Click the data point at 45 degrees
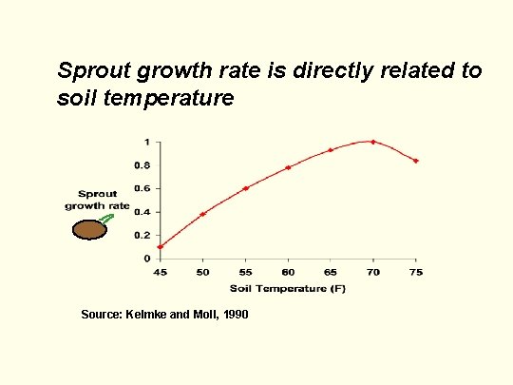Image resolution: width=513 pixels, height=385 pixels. pos(160,247)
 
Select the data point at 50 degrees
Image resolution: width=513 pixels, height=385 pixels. pos(202,214)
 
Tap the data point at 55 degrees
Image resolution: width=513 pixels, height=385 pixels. pos(245,188)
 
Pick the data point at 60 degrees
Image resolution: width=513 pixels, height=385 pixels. pos(288,167)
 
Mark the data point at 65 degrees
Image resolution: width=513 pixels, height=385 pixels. pos(331,150)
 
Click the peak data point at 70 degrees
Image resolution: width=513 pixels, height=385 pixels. pos(373,142)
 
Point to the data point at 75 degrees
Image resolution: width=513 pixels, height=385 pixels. pos(416,161)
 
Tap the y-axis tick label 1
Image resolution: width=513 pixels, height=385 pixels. pos(145,142)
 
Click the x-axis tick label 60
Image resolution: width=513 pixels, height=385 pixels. pos(288,272)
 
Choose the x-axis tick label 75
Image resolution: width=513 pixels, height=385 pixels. pos(416,272)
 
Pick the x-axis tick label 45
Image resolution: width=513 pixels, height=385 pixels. pos(160,272)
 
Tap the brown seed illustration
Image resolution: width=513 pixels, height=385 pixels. pos(91,229)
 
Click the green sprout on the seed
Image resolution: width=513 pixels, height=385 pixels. pos(107,219)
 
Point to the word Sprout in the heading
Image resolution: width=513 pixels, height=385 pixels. pos(90,71)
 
